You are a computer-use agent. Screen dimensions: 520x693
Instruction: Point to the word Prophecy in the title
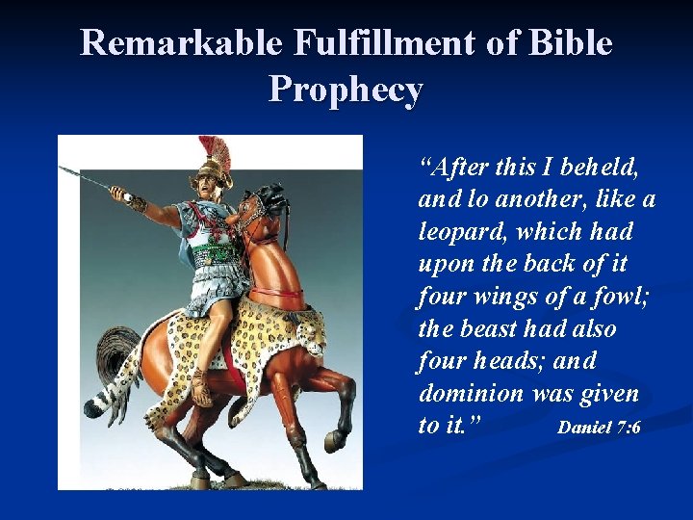point(346,90)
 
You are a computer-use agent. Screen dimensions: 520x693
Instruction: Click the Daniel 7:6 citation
point(599,427)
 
